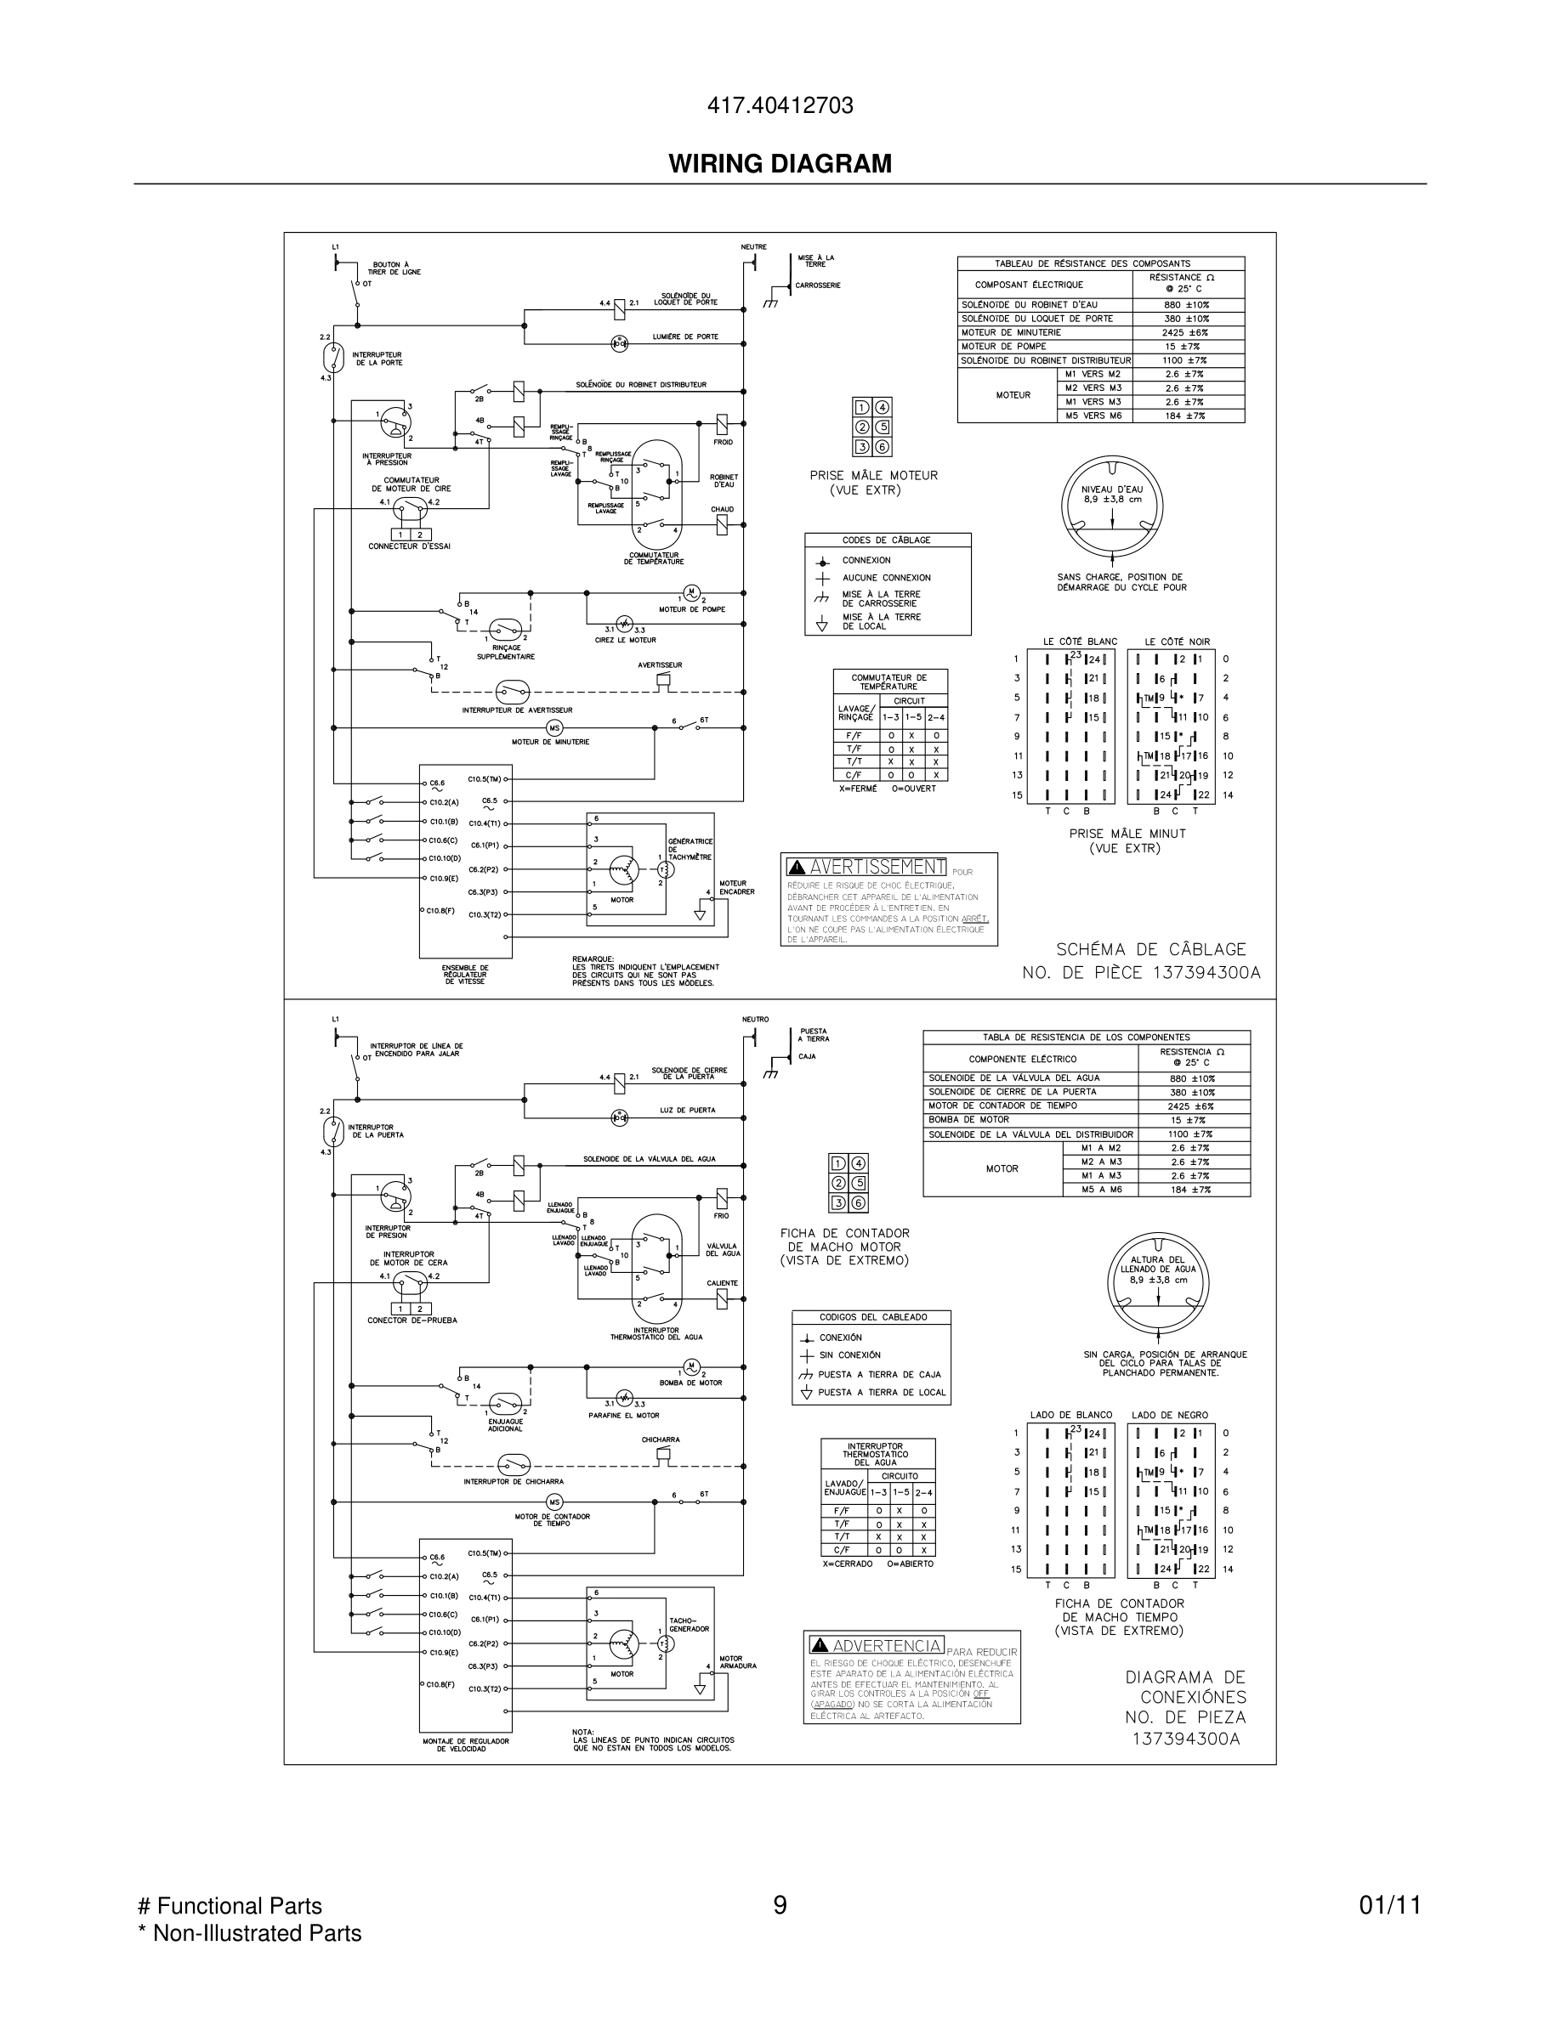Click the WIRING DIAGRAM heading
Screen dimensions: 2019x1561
pyautogui.click(x=780, y=164)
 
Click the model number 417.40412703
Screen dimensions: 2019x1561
pyautogui.click(x=780, y=105)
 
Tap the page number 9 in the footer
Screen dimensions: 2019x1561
pyautogui.click(x=780, y=1905)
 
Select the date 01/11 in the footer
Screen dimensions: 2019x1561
pyautogui.click(x=1389, y=1905)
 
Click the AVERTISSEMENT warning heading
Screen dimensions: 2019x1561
pyautogui.click(x=877, y=867)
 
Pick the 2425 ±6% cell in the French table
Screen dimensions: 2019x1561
pyautogui.click(x=1188, y=333)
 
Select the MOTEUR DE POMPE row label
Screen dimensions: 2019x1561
pyautogui.click(x=1003, y=347)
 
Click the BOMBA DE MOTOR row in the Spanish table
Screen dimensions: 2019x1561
pyautogui.click(x=968, y=1119)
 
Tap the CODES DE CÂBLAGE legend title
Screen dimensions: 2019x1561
pyautogui.click(x=886, y=540)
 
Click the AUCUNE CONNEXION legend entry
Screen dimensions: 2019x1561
pyautogui.click(x=885, y=578)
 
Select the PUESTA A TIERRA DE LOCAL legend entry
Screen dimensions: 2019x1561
pyautogui.click(x=882, y=1392)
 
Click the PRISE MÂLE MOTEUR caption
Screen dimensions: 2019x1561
pyautogui.click(x=873, y=475)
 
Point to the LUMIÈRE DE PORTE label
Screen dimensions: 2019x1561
pyautogui.click(x=685, y=337)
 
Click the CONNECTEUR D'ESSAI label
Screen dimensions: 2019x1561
pyautogui.click(x=409, y=546)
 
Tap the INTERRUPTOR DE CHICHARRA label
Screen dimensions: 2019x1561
pyautogui.click(x=514, y=1482)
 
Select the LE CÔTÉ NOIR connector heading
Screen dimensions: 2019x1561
pyautogui.click(x=1177, y=642)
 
